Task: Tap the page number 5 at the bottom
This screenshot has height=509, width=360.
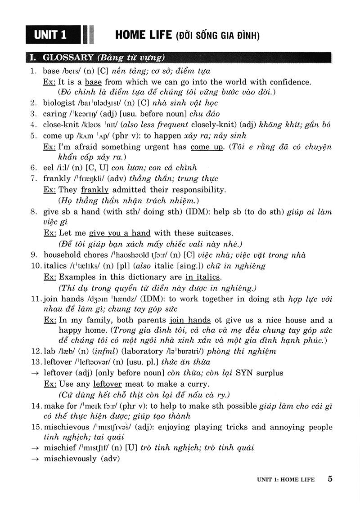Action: pos(330,478)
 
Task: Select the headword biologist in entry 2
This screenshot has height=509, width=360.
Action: pos(59,103)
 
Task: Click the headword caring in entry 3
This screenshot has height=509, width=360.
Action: pos(54,114)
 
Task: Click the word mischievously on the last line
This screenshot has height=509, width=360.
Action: pos(70,459)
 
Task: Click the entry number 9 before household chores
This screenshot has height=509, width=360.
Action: pos(34,255)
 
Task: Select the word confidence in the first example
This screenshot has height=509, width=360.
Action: pos(290,82)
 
